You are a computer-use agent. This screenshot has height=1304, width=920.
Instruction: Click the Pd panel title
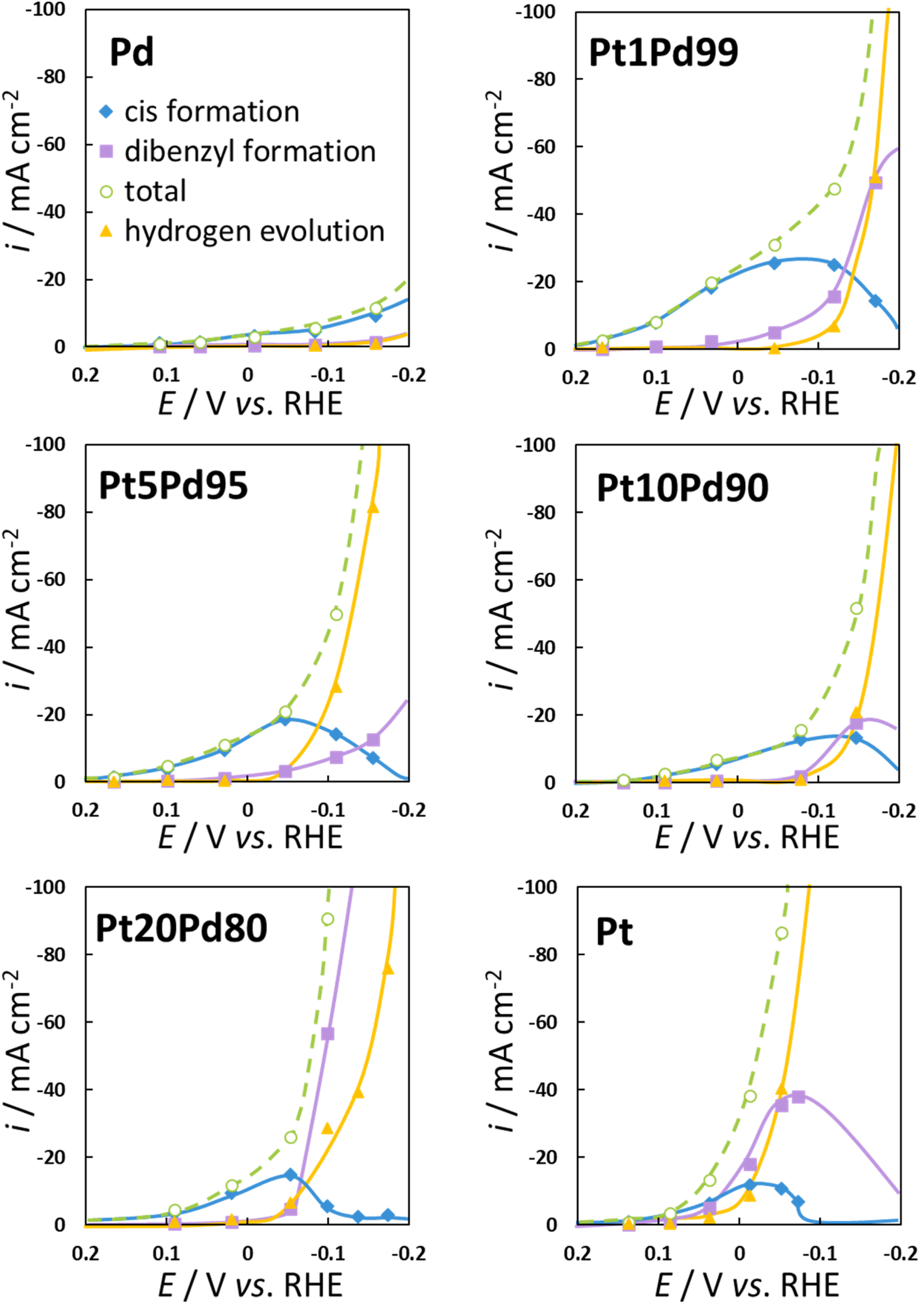tap(131, 52)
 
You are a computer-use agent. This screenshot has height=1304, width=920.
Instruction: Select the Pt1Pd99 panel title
tap(663, 53)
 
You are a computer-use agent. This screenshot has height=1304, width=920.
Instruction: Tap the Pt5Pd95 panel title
tap(173, 486)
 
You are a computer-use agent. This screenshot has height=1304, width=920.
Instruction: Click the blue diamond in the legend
tap(106, 111)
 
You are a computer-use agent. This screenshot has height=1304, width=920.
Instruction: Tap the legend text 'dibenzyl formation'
tap(250, 152)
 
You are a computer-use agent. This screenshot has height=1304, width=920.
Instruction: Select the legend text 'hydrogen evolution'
tap(254, 231)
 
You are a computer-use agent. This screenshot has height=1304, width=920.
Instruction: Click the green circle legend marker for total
tap(106, 192)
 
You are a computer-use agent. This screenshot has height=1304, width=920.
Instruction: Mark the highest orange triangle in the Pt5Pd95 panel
tap(373, 507)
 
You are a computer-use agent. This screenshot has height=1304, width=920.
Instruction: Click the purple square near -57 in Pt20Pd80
tap(328, 1034)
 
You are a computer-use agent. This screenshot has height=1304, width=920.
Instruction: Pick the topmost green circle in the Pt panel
tap(782, 933)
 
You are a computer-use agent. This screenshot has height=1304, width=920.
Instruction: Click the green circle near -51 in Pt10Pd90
tap(856, 609)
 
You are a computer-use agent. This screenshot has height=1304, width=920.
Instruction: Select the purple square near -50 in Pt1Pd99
tap(876, 183)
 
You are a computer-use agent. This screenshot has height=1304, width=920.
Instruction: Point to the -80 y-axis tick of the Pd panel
tap(51, 77)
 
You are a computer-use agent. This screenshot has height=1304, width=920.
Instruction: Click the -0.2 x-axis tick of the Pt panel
tap(900, 1253)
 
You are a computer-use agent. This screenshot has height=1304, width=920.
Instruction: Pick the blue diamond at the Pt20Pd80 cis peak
tap(291, 1175)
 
